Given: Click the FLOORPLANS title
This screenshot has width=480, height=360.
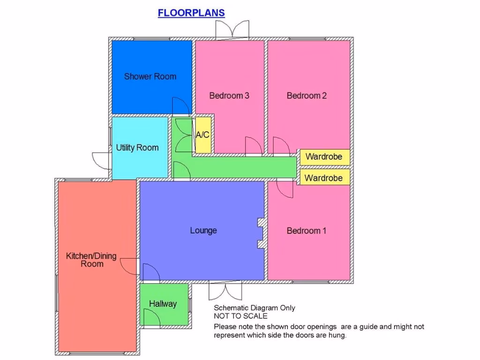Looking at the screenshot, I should click(x=191, y=13).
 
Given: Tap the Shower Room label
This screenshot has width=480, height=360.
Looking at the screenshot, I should click(x=150, y=76).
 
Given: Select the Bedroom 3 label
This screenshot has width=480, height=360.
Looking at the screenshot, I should click(x=229, y=96).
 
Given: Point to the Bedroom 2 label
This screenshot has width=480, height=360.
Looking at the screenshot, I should click(x=307, y=96).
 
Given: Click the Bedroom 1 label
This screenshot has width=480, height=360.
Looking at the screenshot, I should click(x=307, y=231).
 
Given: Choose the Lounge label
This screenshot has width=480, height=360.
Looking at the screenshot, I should click(x=203, y=231).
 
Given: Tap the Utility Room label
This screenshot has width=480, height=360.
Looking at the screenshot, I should click(x=137, y=148).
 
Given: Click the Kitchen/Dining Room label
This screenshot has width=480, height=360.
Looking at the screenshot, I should click(x=91, y=260).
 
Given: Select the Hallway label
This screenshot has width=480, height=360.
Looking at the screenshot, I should click(x=163, y=304).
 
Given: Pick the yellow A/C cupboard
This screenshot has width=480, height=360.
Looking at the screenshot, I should click(x=202, y=135).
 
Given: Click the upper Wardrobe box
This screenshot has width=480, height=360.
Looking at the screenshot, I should click(x=324, y=157).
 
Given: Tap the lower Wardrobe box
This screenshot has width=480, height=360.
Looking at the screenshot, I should click(x=324, y=178).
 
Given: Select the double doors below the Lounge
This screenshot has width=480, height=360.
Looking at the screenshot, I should click(x=225, y=292).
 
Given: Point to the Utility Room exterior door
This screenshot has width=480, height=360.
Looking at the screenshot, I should click(x=101, y=160).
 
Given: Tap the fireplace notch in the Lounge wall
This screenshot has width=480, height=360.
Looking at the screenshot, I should click(x=260, y=233).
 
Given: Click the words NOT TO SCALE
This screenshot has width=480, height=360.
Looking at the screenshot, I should click(x=240, y=316).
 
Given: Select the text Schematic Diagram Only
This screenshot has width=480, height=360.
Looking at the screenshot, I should click(x=255, y=308).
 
